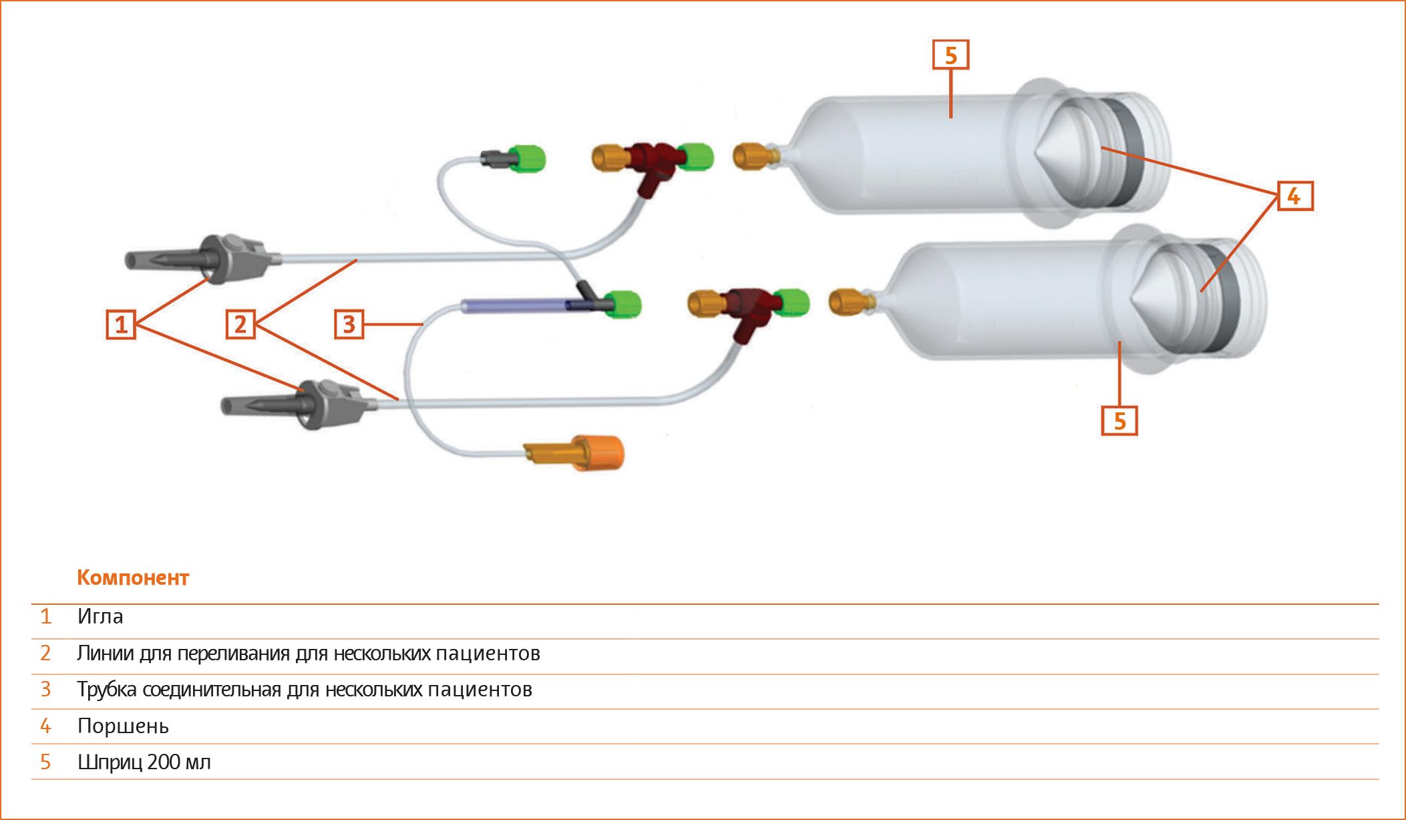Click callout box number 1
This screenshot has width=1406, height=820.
[x=121, y=325]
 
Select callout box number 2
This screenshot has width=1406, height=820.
[x=240, y=325]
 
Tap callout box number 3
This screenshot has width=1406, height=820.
[x=349, y=325]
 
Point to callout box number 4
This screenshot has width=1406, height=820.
[x=1295, y=196]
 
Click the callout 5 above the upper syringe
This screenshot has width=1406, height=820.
[x=950, y=55]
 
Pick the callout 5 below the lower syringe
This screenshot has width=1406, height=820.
[x=1119, y=420]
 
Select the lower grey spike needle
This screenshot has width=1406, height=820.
[x=297, y=404]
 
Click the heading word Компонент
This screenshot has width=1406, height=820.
[x=133, y=577]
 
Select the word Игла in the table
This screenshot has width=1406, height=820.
[x=100, y=616]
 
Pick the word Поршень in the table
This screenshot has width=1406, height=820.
[x=123, y=726]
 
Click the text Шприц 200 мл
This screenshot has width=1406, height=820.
[x=144, y=762]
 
